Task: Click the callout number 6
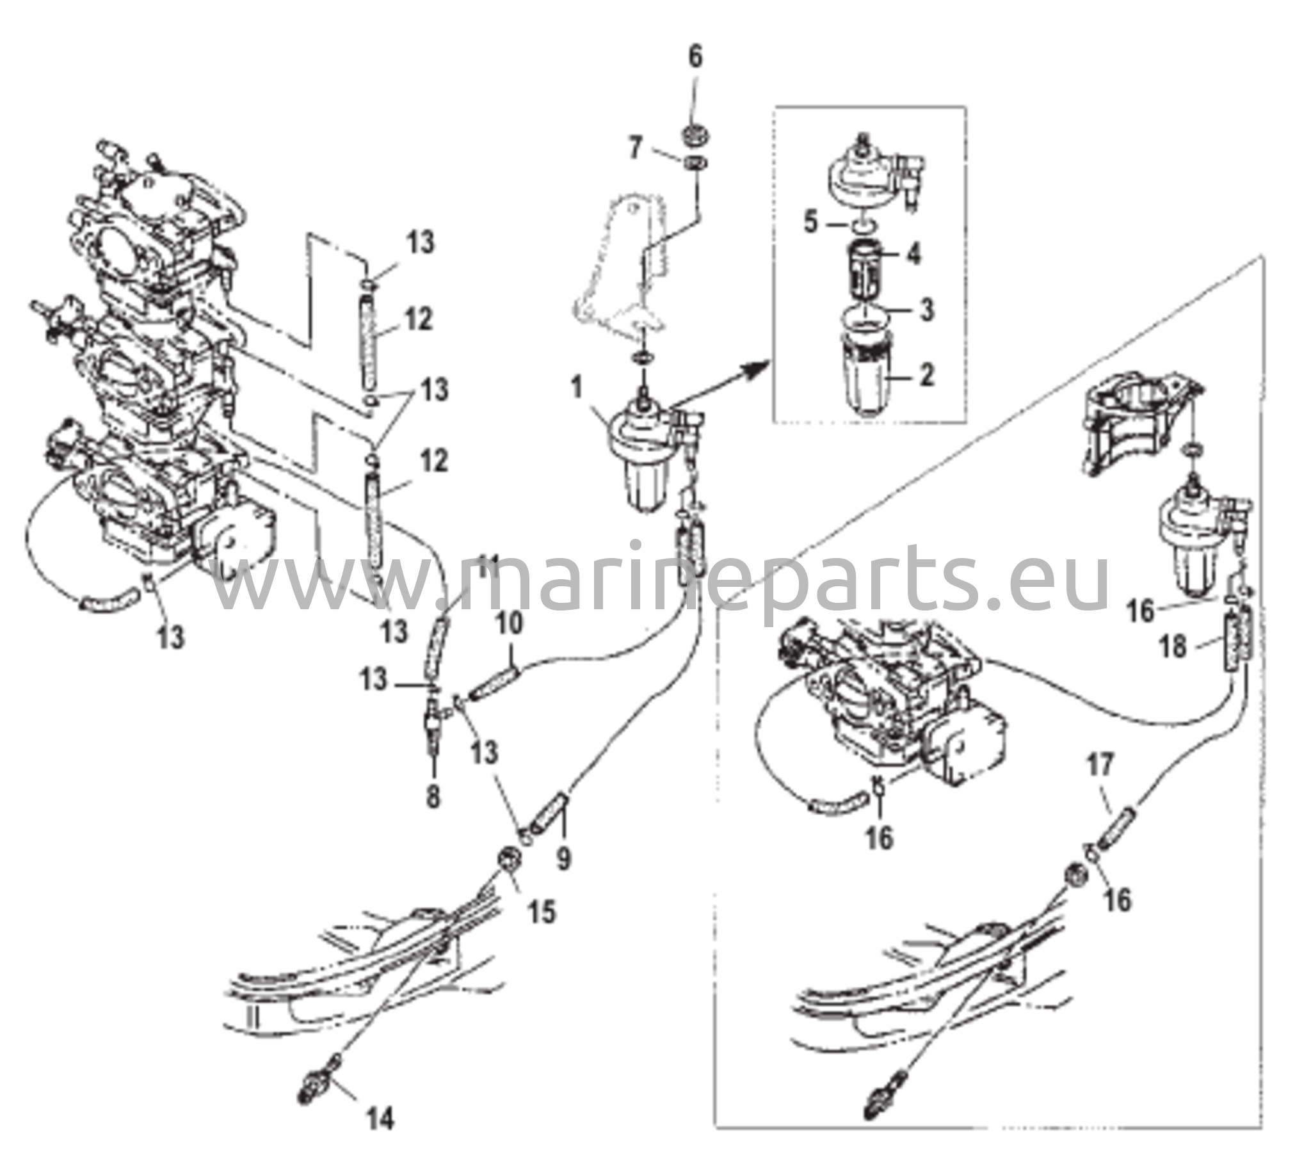pyautogui.click(x=695, y=58)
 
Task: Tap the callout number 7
pyautogui.click(x=635, y=149)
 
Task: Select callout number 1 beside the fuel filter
pyautogui.click(x=577, y=388)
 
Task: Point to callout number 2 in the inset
pyautogui.click(x=926, y=376)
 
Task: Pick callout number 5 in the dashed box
pyautogui.click(x=811, y=225)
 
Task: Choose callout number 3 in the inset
pyautogui.click(x=926, y=310)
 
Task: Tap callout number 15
pyautogui.click(x=542, y=911)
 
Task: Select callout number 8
pyautogui.click(x=433, y=797)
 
